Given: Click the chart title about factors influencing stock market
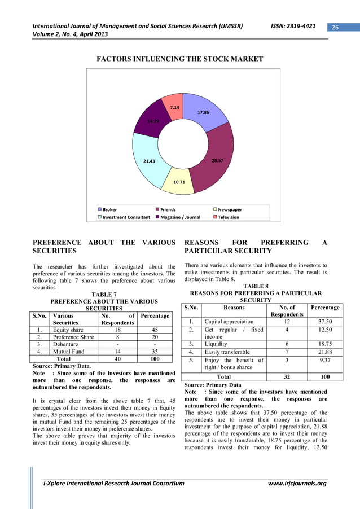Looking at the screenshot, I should tap(180, 59).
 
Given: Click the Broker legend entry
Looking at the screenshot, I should tap(109, 209).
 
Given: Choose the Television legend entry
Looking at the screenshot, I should tap(229, 217).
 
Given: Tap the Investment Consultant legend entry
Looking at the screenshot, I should tap(126, 217).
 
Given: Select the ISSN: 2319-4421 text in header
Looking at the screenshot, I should tap(291, 26).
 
